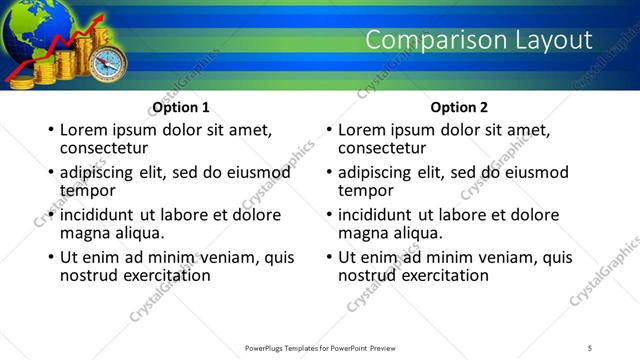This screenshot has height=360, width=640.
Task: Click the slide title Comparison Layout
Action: pos(479,40)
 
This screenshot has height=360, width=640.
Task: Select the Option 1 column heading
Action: pos(181,107)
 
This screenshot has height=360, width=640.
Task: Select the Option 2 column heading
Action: pos(459,107)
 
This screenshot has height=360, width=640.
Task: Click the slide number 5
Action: pos(591,347)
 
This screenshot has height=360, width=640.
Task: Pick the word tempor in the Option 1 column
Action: pos(88,190)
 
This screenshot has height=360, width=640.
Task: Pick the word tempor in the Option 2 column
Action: pos(366,190)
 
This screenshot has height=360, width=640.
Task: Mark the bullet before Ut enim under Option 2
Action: pos(328,257)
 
